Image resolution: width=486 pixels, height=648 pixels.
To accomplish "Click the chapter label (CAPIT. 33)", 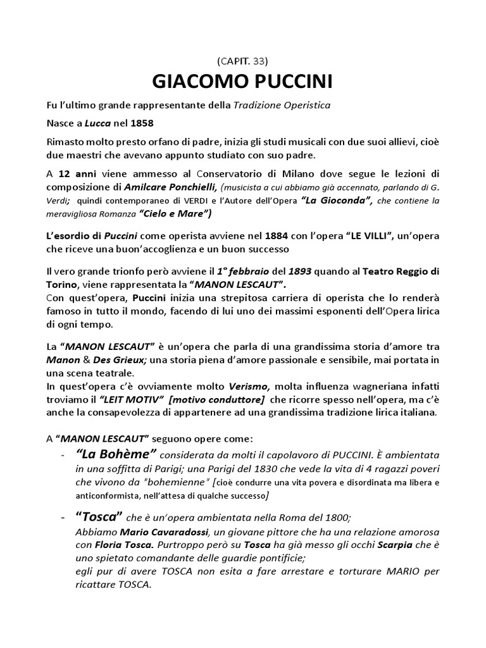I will pos(243,61).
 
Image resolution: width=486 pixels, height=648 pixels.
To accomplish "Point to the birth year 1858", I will pos(142,121).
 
